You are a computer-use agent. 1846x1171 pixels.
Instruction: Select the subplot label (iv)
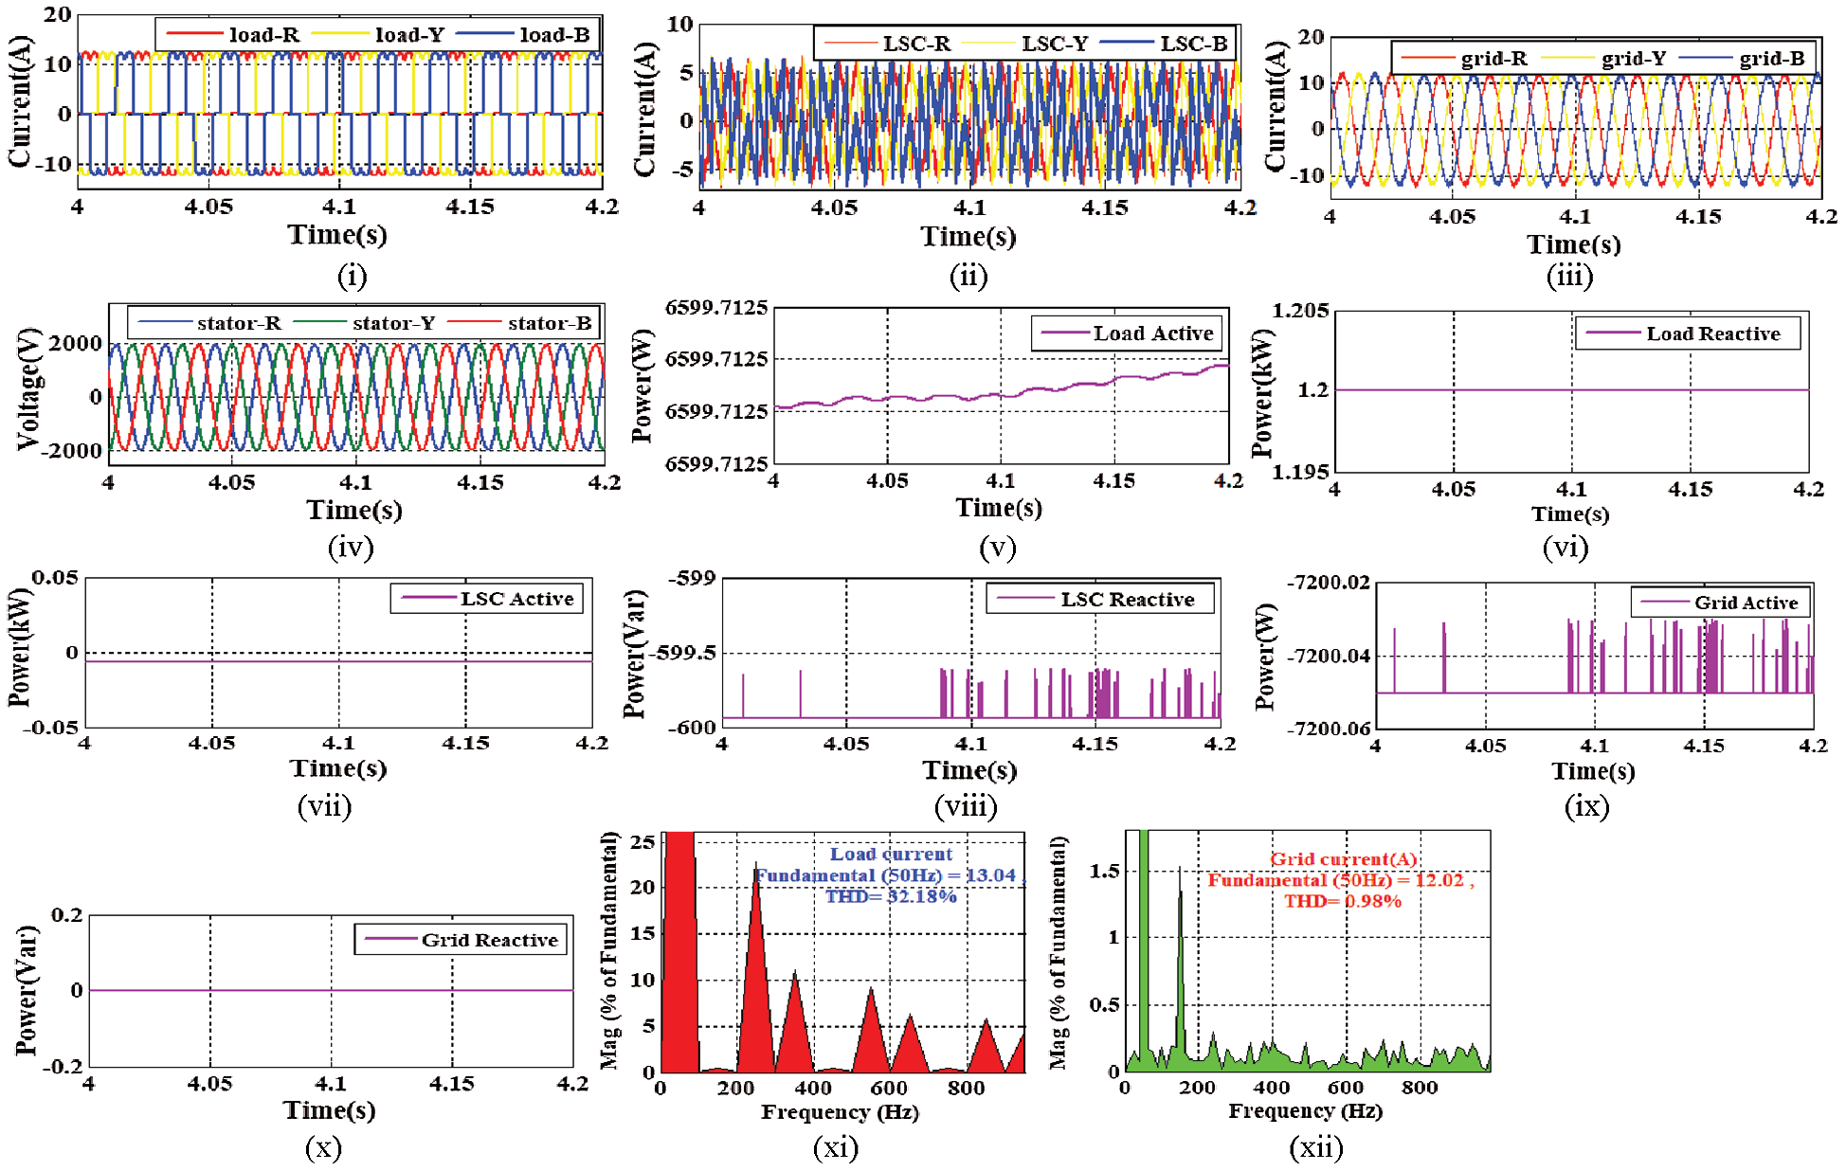(351, 548)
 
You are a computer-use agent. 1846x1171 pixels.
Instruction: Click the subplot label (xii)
(1316, 1148)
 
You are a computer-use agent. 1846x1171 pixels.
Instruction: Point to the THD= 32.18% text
(890, 896)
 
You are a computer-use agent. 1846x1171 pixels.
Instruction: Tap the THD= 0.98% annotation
(1342, 901)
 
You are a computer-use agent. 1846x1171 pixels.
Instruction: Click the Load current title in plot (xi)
(891, 854)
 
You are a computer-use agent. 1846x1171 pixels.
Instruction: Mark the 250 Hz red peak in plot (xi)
(755, 867)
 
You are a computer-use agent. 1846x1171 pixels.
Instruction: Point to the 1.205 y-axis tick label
(1300, 311)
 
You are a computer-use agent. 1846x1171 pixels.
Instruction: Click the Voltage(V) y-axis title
(30, 388)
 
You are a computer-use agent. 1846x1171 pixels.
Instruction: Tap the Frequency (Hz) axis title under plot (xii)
(1305, 1110)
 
